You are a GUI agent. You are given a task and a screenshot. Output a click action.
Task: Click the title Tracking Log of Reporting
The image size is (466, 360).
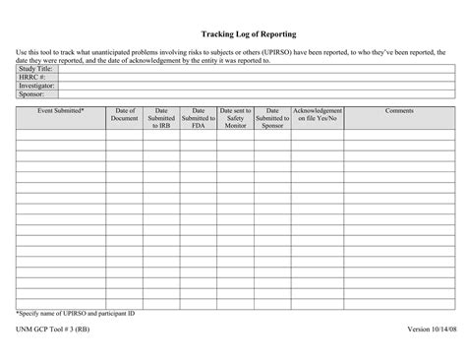(x=234, y=33)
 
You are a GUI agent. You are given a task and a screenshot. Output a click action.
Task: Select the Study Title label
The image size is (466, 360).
(x=34, y=70)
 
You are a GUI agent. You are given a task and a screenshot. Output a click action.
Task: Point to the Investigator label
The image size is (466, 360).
(x=36, y=86)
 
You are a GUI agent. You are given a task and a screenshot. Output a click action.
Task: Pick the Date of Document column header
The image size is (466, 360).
(x=125, y=115)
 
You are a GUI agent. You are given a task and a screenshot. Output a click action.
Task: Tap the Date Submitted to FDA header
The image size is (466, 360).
(x=199, y=119)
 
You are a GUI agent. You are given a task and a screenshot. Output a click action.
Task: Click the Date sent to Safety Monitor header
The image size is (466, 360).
(x=235, y=119)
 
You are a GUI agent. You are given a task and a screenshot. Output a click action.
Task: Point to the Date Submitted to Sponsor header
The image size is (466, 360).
(x=272, y=119)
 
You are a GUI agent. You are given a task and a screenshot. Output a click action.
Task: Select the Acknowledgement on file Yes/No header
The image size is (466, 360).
(x=318, y=115)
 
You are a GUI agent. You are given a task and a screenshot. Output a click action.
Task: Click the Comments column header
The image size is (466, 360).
(x=399, y=111)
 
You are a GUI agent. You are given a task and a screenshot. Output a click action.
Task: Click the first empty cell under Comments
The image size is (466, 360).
(x=399, y=137)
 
